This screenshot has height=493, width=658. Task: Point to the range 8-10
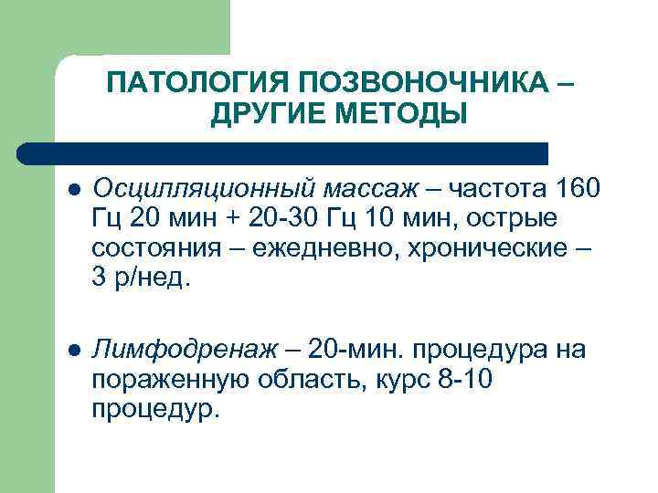(462, 379)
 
